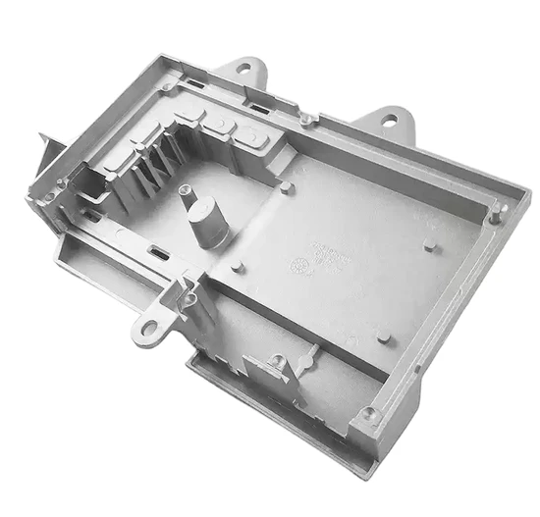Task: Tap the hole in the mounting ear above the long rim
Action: pos(391,121)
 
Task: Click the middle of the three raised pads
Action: pos(224,123)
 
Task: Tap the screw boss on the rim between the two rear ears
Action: pos(307,120)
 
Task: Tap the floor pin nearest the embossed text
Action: pos(383,336)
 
